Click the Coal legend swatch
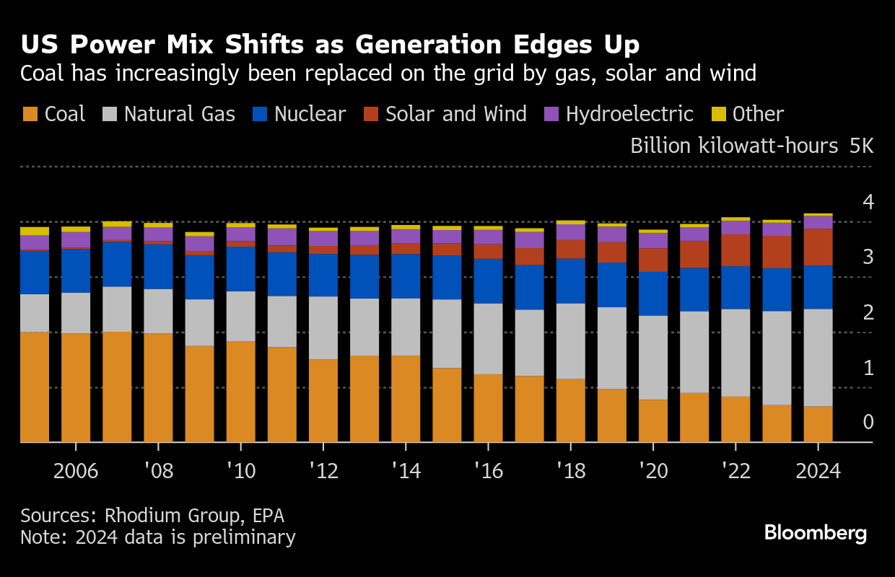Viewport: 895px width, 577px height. (30, 114)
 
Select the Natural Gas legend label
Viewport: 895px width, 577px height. (180, 114)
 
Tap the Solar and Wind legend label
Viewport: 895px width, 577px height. (456, 114)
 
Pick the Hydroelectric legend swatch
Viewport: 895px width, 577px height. (551, 114)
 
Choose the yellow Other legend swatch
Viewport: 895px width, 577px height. (718, 114)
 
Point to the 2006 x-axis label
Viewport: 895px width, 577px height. (76, 471)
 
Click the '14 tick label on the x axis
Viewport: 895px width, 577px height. (405, 471)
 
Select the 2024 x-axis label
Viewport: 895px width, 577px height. (818, 471)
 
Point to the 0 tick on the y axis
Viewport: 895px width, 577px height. (868, 423)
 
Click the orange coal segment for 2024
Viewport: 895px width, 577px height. (818, 424)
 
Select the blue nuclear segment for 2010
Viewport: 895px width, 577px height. (240, 269)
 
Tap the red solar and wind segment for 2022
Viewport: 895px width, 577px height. (735, 250)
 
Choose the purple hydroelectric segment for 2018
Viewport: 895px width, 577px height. (570, 232)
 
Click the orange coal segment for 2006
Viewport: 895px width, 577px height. (76, 387)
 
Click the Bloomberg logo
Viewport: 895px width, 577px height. (816, 534)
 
